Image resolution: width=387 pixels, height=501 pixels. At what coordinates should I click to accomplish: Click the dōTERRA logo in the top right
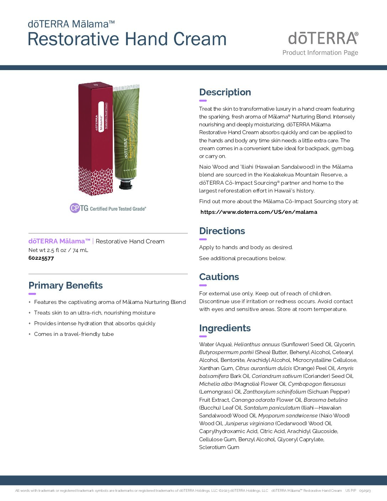click(x=323, y=38)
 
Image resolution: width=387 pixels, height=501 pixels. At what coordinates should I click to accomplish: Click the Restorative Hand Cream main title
click(x=127, y=39)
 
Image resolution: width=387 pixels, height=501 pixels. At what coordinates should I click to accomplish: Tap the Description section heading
click(x=225, y=92)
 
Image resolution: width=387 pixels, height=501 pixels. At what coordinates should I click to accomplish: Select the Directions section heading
click(x=222, y=231)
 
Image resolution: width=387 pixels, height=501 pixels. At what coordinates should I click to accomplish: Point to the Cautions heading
click(x=219, y=277)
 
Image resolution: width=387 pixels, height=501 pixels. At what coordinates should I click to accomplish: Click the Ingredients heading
click(x=225, y=328)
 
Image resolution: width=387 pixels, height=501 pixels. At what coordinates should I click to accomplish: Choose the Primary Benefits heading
click(x=65, y=285)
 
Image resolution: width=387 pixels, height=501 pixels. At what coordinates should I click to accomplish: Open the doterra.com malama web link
click(x=259, y=212)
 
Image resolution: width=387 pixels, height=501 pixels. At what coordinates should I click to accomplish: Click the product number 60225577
click(x=41, y=258)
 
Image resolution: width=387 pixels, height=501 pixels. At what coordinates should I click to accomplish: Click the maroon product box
click(x=95, y=139)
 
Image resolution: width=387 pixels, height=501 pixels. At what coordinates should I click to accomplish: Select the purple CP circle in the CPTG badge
click(x=75, y=208)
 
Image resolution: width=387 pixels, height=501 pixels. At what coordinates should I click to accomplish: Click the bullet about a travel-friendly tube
click(x=74, y=334)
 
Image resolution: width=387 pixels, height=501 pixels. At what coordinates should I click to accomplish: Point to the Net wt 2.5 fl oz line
click(x=58, y=250)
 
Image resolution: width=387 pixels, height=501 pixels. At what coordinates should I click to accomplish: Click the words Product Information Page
click(x=320, y=53)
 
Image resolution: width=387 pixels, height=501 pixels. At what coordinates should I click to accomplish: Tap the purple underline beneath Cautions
click(x=203, y=285)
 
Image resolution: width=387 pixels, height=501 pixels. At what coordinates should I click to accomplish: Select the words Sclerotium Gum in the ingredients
click(x=219, y=447)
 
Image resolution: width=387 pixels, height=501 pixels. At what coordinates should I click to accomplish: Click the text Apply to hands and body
click(x=245, y=247)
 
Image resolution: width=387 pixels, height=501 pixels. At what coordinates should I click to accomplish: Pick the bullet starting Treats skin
click(x=95, y=313)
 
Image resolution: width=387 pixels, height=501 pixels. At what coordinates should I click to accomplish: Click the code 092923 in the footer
click(x=365, y=491)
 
